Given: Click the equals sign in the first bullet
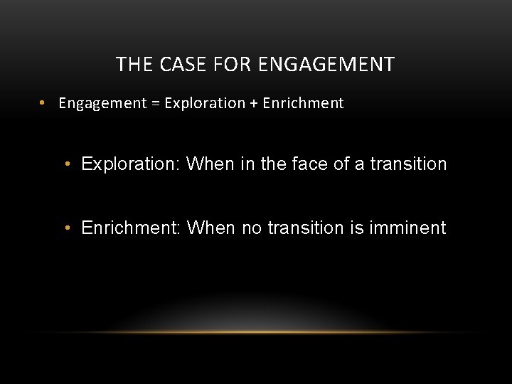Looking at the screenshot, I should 155,103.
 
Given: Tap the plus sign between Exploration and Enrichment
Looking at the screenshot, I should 253,103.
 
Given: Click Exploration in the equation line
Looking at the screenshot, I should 204,103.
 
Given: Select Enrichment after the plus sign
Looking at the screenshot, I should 303,103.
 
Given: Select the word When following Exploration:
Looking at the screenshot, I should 210,164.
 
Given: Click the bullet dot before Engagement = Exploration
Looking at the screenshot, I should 43,103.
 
